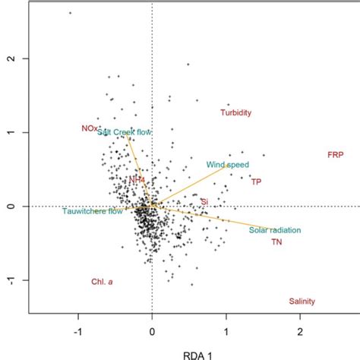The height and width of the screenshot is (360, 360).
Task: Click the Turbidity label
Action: pos(235,113)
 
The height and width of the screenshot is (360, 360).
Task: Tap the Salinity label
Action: pos(302,302)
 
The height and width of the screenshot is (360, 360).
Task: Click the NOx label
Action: pos(90,128)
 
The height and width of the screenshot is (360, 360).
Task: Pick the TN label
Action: pos(277,242)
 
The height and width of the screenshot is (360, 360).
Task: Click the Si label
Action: pos(204,202)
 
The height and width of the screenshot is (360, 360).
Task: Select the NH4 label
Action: pos(137,180)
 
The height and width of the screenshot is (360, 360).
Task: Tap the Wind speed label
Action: pos(227,165)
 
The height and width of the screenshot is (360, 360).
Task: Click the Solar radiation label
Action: pos(275,230)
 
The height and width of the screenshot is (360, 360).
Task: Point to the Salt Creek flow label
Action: pos(125,131)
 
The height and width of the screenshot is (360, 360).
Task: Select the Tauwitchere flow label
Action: pos(92,211)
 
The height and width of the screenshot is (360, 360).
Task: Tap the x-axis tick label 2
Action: pos(300,332)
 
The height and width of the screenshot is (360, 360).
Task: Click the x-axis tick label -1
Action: pos(77,332)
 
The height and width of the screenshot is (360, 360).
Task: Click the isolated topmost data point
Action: pos(70,13)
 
